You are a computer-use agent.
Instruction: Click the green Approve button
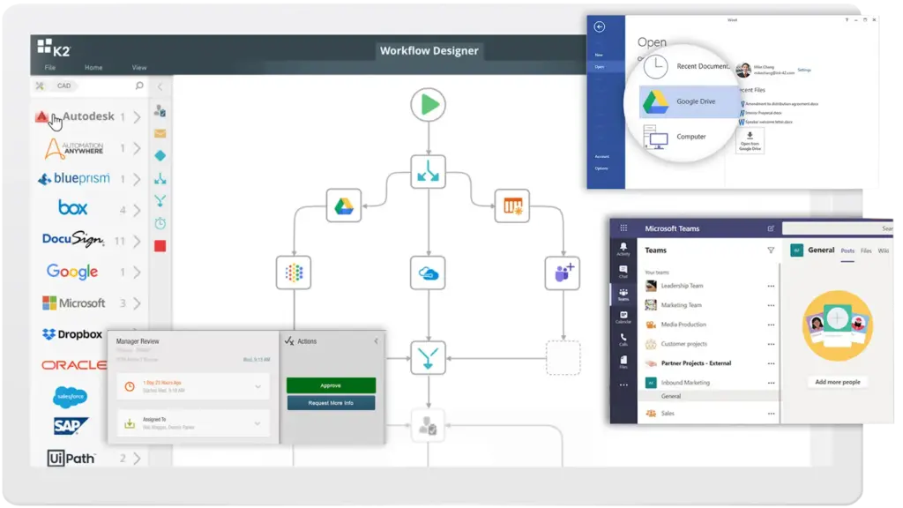(331, 385)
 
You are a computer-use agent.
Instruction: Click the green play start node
(428, 106)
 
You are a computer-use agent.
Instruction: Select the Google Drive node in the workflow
(343, 206)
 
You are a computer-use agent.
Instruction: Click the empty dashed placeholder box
(563, 357)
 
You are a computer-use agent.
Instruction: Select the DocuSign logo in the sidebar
(73, 240)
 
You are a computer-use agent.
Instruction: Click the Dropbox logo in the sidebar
(73, 334)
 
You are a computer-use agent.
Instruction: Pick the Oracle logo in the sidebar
(73, 365)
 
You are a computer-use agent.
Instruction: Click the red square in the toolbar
(160, 246)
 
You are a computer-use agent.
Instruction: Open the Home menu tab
(93, 67)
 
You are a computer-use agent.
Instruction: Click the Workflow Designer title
(429, 50)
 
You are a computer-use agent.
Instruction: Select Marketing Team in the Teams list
(681, 305)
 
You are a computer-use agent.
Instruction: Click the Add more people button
(837, 382)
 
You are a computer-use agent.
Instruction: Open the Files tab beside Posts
(866, 250)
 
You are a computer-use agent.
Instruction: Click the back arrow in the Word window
(600, 27)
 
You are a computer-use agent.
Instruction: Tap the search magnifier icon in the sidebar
(139, 86)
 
